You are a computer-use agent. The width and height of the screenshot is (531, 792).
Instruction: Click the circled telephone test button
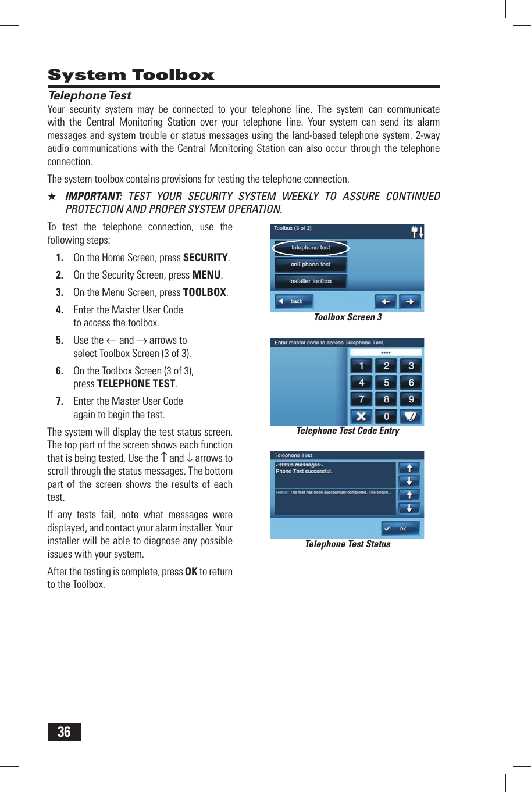(311, 248)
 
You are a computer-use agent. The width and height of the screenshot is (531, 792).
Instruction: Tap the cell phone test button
(311, 265)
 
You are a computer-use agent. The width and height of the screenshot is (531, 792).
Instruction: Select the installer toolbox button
(311, 281)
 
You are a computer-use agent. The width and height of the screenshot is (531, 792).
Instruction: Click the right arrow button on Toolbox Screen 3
(410, 302)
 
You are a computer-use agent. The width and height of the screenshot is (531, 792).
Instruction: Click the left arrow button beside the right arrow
(386, 302)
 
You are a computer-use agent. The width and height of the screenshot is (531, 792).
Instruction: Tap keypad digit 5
(386, 383)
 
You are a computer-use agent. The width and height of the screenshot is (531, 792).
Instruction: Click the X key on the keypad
(361, 416)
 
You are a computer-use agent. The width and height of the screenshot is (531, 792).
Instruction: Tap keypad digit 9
(411, 399)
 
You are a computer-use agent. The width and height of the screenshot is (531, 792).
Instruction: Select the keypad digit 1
(361, 366)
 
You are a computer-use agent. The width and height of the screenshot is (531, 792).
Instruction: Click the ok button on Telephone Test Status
(401, 529)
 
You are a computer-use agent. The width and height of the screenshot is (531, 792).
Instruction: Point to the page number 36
(64, 732)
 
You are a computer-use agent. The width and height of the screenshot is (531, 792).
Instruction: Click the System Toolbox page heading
(131, 75)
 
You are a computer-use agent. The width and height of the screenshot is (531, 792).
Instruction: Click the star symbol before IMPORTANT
(52, 197)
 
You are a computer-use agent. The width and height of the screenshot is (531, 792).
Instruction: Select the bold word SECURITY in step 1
(205, 258)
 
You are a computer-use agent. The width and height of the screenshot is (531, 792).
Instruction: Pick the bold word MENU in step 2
(206, 275)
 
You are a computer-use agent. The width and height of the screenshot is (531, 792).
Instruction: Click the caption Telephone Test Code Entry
(347, 431)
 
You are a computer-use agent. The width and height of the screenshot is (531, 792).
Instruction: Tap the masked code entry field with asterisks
(386, 352)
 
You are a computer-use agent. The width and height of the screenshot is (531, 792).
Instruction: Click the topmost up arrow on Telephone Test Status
(409, 468)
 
